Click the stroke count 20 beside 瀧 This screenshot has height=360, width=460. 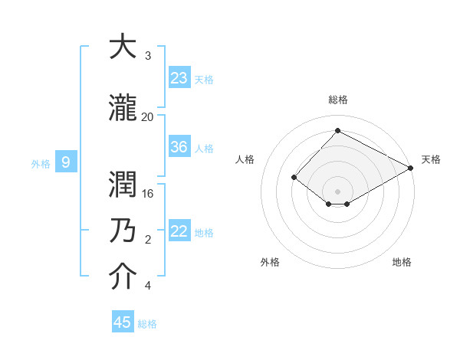tap(148, 116)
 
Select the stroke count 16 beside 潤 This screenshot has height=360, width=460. tap(148, 193)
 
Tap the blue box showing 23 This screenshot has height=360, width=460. tap(179, 78)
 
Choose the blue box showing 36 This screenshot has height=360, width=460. tap(179, 147)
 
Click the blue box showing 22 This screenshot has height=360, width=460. tap(179, 231)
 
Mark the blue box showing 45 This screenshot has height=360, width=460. tap(123, 322)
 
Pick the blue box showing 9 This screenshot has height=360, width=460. tap(66, 162)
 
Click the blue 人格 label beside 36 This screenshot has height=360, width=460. tap(204, 148)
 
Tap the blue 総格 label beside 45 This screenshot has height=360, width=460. tap(147, 323)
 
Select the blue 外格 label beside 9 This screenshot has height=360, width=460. tap(40, 163)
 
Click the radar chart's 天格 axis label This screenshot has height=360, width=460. tap(431, 159)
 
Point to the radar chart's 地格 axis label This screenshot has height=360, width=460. tap(402, 262)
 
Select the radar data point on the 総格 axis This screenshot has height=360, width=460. tap(337, 130)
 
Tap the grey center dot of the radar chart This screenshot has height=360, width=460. tap(337, 191)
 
